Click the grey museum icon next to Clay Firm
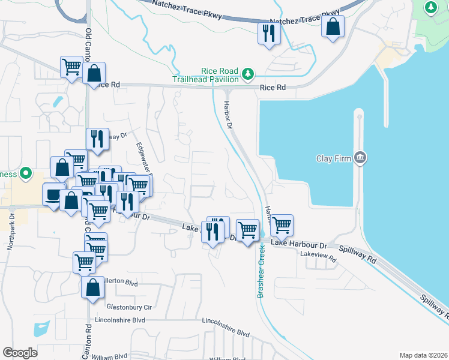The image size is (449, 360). pos(360,158)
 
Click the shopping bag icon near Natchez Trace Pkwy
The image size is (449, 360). pos(333,27)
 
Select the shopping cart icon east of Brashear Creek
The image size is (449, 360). pos(281,226)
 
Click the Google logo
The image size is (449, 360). pos(20,353)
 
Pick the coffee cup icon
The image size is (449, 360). pos(52,194)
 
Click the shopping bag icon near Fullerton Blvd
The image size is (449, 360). pos(93,287)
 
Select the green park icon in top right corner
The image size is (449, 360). pos(430,7)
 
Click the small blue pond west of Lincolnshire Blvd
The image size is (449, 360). pos(41,329)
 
